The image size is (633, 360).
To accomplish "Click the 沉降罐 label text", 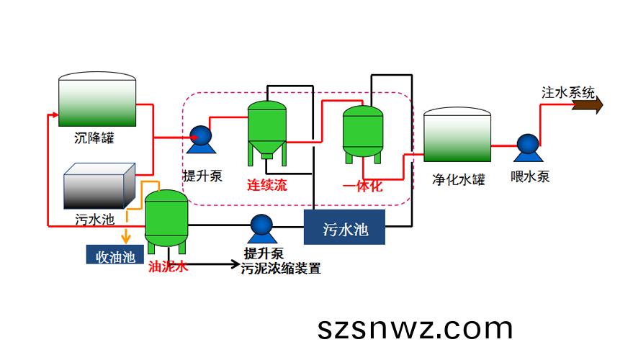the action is [x=94, y=138].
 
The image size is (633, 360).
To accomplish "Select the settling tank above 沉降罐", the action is [x=97, y=99].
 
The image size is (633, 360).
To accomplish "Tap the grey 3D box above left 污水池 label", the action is [x=99, y=186].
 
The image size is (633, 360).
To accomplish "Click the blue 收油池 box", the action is [x=115, y=255].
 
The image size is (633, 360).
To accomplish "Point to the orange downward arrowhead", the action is [x=126, y=239].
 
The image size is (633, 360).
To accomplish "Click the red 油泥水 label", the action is [x=168, y=266].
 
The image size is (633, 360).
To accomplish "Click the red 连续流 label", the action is [x=267, y=185].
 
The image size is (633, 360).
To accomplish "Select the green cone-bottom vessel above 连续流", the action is [x=267, y=132].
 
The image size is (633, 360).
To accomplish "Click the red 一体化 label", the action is [x=362, y=186].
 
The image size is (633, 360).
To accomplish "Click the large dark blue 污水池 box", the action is [x=344, y=227].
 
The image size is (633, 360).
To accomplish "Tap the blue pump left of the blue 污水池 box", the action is [x=261, y=229].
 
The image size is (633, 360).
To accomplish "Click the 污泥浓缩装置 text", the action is [x=281, y=269].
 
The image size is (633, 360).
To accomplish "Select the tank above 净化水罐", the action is [x=457, y=135].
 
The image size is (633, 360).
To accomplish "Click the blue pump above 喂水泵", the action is [x=528, y=148].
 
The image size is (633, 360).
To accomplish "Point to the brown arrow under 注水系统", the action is [x=588, y=105].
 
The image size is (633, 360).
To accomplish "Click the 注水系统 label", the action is [x=568, y=92].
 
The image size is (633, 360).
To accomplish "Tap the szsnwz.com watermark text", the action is [x=415, y=328].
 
